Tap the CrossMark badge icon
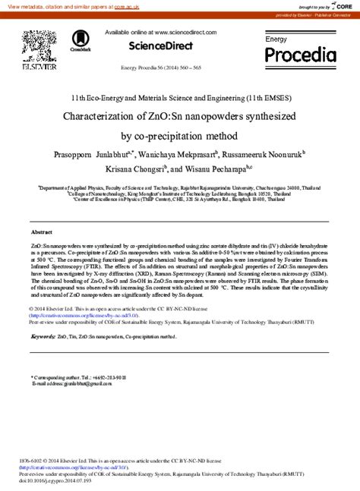[80, 42]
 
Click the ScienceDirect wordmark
[160, 46]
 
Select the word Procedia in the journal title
[300, 55]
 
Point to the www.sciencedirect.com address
[180, 33]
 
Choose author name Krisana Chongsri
[131, 171]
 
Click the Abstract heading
[41, 231]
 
